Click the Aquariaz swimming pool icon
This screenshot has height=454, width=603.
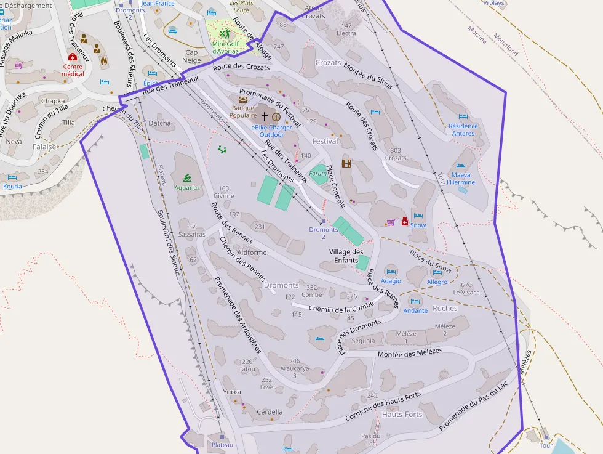tap(186, 178)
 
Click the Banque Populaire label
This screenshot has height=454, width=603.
tap(242, 111)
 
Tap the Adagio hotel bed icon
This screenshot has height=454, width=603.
tap(391, 270)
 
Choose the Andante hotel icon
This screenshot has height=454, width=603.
tap(415, 301)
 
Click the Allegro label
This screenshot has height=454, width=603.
tap(437, 282)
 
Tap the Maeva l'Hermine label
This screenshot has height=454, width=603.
tap(461, 178)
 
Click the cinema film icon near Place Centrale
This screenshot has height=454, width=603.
tap(346, 163)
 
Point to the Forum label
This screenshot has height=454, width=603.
tap(317, 174)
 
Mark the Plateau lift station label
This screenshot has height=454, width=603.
tap(222, 445)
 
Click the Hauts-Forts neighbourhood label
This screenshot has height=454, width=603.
tap(402, 415)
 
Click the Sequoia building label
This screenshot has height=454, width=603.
tap(363, 341)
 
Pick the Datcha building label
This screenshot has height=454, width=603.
tap(160, 123)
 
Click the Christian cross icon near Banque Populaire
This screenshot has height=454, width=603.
tap(265, 116)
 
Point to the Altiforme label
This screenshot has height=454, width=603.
tap(252, 253)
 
